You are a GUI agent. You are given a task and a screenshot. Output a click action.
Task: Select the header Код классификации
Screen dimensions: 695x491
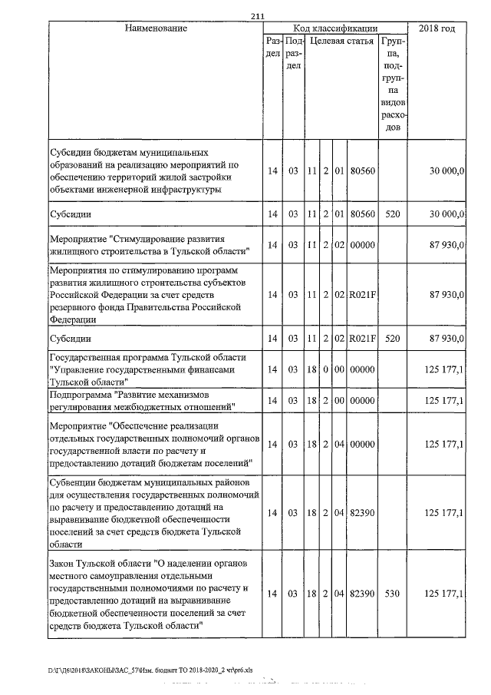coord(335,28)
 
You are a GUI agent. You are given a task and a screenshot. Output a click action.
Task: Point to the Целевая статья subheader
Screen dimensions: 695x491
coord(342,41)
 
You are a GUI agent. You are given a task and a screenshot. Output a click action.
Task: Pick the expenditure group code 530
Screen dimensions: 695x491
coord(392,594)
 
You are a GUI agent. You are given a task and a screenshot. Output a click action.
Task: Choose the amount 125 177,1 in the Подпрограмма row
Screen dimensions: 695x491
coord(443,400)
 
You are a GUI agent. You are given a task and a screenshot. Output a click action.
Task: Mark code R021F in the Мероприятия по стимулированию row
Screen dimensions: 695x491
coord(361,295)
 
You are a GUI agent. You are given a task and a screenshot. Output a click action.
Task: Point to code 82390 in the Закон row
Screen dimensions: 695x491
coord(361,594)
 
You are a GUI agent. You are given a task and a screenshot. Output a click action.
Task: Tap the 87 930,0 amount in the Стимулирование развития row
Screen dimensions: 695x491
coord(445,245)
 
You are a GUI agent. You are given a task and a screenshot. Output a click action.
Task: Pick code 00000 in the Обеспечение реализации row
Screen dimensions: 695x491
coord(361,444)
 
